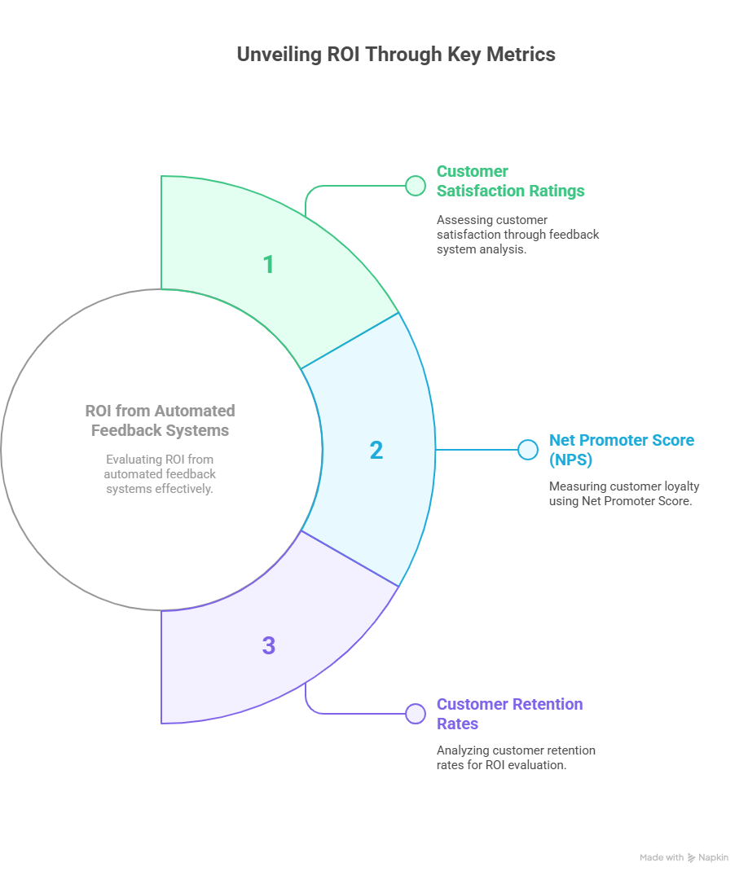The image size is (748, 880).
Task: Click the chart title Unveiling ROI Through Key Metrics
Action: (396, 55)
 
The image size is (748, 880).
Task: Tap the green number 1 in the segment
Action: (269, 264)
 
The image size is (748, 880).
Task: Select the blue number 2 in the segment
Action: (376, 450)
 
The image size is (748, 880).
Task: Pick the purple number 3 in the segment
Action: (269, 645)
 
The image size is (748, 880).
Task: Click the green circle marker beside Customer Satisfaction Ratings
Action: (416, 186)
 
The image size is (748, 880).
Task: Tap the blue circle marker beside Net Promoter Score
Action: (527, 450)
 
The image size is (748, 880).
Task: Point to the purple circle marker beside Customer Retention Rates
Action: (416, 714)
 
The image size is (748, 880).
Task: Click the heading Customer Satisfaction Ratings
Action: (510, 181)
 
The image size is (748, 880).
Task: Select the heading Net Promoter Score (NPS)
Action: (621, 450)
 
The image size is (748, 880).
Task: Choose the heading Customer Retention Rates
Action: (509, 714)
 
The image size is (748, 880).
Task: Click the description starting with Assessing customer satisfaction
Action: (517, 235)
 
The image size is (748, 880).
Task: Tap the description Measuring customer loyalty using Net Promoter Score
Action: (624, 493)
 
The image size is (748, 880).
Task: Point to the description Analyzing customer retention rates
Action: (516, 758)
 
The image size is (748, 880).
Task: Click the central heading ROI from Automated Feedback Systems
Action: (160, 420)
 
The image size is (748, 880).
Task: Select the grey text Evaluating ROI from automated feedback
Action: (160, 473)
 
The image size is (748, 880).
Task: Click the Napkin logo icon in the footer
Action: (691, 858)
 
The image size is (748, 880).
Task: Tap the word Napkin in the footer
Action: (713, 857)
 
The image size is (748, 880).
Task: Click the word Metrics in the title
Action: (521, 55)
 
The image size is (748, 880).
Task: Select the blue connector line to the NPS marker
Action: (477, 450)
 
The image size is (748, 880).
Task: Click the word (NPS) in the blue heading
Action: (570, 460)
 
